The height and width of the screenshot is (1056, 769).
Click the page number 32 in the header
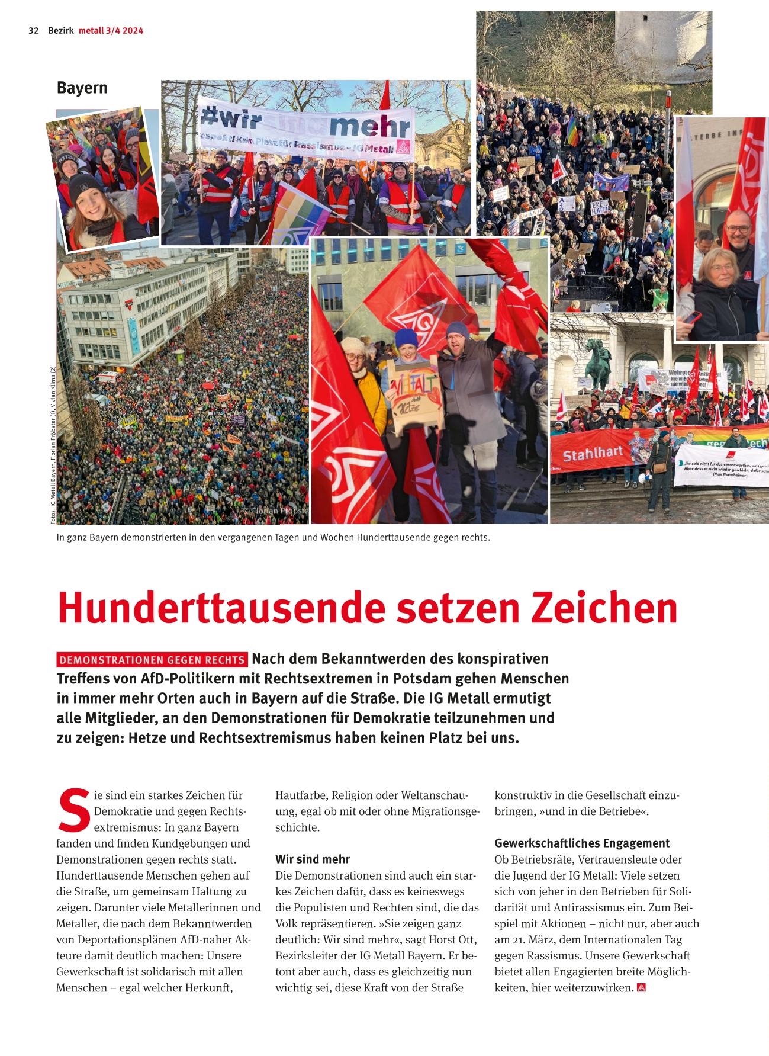33,31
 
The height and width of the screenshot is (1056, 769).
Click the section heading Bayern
82,88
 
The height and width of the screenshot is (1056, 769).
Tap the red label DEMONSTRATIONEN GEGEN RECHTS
152,660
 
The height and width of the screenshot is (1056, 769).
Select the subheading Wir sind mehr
313,859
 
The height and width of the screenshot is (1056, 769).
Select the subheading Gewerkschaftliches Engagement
582,843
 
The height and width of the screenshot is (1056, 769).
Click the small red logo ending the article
641,988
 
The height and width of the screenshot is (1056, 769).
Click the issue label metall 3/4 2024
111,31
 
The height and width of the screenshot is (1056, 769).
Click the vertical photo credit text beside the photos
53,444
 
